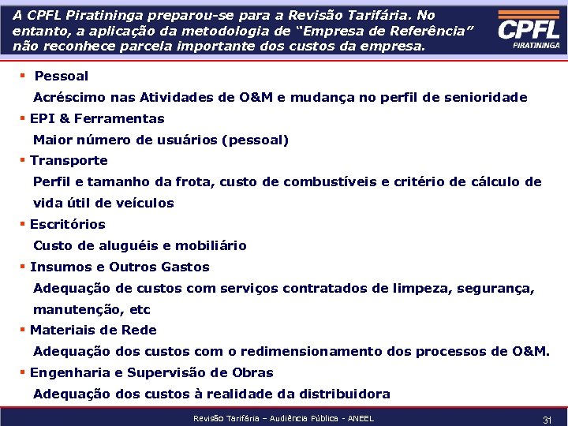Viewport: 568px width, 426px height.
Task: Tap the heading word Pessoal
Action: tap(62, 77)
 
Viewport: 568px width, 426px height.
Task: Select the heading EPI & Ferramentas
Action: tap(97, 119)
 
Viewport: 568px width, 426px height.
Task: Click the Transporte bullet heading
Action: tap(69, 161)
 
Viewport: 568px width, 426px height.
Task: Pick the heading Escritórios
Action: tap(67, 225)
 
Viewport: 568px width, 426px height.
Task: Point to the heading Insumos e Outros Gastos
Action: tap(119, 267)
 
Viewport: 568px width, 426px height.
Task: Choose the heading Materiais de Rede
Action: tap(93, 331)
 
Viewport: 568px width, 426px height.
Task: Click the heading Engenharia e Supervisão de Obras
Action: tap(151, 373)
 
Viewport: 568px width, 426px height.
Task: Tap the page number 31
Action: tap(547, 420)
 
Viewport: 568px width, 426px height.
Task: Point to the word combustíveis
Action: tap(329, 182)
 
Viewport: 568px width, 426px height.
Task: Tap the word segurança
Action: tap(494, 289)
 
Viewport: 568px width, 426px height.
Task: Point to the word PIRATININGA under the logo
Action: tap(536, 47)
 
